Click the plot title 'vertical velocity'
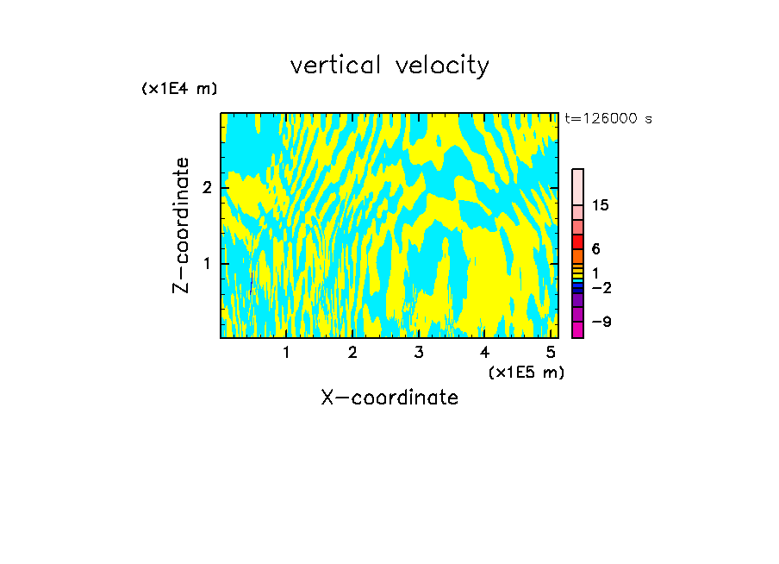[389, 66]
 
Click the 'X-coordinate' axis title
[389, 398]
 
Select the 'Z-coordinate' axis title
[181, 225]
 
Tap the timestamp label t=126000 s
[608, 119]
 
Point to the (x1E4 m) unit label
[179, 89]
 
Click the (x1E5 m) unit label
[526, 372]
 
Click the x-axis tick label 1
[286, 353]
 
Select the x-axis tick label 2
[352, 353]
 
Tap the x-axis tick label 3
[419, 353]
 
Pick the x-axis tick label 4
[484, 353]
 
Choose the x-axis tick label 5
[551, 353]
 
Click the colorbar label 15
[601, 205]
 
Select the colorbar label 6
[595, 249]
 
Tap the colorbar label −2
[601, 287]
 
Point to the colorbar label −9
[601, 322]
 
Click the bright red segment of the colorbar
[578, 241]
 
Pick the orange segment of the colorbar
[578, 256]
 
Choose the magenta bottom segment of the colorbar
[578, 329]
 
